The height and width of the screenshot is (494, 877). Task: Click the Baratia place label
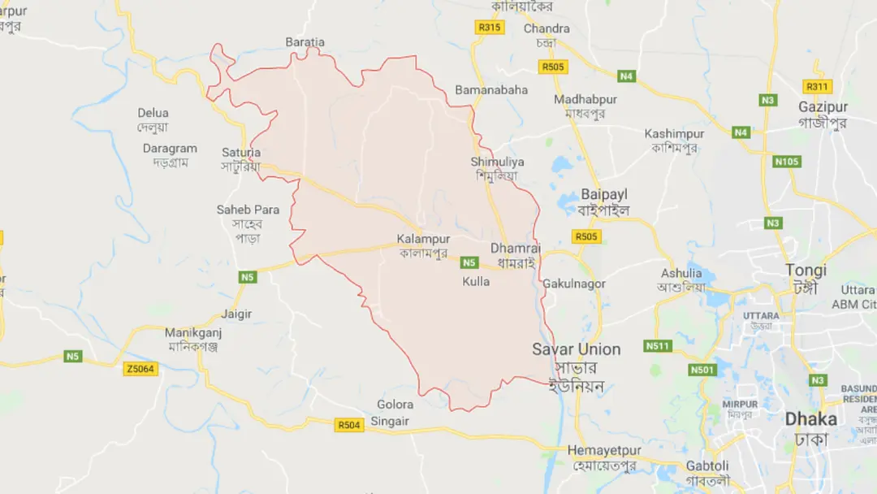click(x=305, y=42)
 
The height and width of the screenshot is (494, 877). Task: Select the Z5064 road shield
click(x=140, y=369)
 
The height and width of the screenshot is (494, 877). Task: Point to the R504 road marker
click(x=350, y=425)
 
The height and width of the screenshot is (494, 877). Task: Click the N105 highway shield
click(x=786, y=162)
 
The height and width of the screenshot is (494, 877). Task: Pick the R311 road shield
click(x=817, y=86)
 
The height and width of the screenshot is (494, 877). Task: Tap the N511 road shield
click(x=659, y=346)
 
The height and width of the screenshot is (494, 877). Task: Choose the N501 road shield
click(x=703, y=370)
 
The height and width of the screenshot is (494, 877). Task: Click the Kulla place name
click(x=476, y=281)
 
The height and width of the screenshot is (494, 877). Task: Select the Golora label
click(x=395, y=405)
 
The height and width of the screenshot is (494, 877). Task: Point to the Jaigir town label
click(x=236, y=314)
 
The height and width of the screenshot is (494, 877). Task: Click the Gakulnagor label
click(x=574, y=284)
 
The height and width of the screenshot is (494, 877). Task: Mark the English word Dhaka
click(x=810, y=420)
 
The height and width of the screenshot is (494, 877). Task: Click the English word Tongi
click(x=806, y=271)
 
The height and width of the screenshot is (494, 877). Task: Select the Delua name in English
click(x=153, y=113)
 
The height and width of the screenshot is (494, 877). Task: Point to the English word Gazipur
click(x=823, y=107)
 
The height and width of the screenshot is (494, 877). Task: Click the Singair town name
click(x=390, y=421)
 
